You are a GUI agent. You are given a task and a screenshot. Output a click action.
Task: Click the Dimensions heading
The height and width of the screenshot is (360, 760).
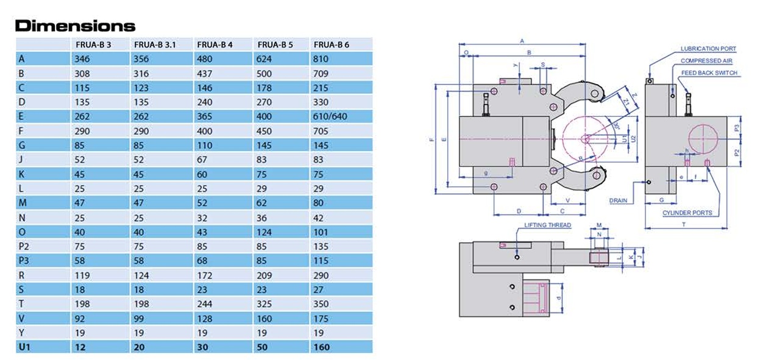click(75, 26)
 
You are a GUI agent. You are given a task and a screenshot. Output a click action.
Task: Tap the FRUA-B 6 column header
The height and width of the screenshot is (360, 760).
click(331, 44)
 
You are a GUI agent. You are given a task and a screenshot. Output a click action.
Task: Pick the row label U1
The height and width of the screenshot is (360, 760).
click(25, 347)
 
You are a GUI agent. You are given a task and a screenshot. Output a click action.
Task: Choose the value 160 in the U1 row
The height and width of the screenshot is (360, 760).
click(321, 347)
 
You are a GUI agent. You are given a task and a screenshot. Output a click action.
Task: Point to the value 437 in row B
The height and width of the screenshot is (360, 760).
click(205, 73)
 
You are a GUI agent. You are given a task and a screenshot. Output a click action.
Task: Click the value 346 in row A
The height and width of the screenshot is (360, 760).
click(82, 59)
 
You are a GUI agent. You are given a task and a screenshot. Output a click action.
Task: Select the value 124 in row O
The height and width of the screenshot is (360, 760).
click(266, 231)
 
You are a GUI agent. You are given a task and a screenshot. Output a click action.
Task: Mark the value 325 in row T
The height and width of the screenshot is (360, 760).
click(266, 303)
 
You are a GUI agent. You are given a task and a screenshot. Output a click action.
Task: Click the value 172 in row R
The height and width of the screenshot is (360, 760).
click(205, 275)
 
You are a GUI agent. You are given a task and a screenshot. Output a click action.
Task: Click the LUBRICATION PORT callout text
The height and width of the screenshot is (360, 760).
click(708, 49)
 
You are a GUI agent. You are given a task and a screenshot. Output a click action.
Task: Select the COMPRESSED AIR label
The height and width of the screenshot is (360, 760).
click(706, 61)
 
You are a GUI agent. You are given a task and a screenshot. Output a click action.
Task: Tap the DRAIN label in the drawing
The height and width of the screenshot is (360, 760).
click(618, 200)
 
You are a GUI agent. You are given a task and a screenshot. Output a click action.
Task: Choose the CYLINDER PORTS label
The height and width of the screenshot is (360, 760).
click(687, 213)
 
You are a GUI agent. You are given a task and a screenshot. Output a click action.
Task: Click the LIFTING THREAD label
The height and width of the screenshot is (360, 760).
click(548, 225)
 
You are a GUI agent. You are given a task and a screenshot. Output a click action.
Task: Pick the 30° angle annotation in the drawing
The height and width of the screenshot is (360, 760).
click(617, 126)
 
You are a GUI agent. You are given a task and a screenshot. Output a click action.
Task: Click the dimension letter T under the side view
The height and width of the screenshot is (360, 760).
click(684, 224)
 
